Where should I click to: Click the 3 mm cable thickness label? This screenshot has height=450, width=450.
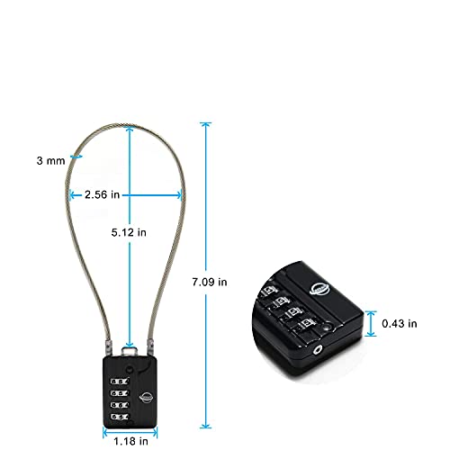pyautogui.click(x=50, y=161)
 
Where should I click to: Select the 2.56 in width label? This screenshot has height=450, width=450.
pyautogui.click(x=102, y=194)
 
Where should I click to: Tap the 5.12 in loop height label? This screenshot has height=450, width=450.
pyautogui.click(x=129, y=232)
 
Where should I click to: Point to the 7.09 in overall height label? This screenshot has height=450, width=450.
pyautogui.click(x=210, y=282)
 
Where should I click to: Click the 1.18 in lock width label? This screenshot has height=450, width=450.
pyautogui.click(x=130, y=441)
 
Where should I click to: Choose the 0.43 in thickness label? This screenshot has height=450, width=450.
pyautogui.click(x=400, y=324)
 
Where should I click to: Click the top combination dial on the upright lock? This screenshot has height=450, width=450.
pyautogui.click(x=120, y=382)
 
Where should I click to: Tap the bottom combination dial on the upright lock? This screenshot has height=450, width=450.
pyautogui.click(x=120, y=417)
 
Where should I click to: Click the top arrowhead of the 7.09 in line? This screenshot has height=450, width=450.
pyautogui.click(x=206, y=125)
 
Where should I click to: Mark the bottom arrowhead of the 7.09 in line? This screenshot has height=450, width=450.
pyautogui.click(x=206, y=425)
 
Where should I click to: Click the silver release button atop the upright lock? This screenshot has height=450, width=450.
pyautogui.click(x=129, y=352)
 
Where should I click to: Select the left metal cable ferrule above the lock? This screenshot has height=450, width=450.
pyautogui.click(x=108, y=348)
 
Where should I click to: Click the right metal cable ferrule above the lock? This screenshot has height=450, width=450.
pyautogui.click(x=149, y=347)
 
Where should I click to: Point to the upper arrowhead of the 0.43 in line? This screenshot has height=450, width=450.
pyautogui.click(x=371, y=314)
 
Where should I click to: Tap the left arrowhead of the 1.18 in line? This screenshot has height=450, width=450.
pyautogui.click(x=106, y=433)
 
